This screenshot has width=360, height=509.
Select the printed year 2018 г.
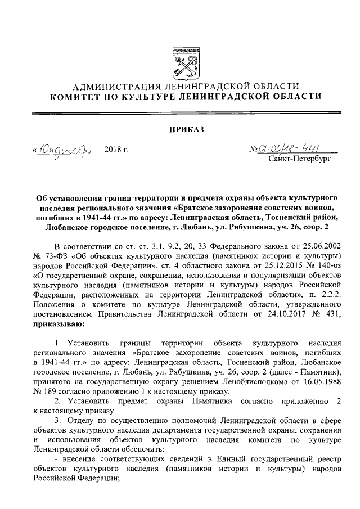click(x=117, y=151)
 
